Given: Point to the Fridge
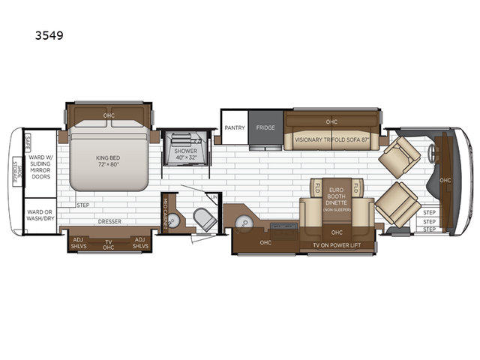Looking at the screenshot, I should (265, 128).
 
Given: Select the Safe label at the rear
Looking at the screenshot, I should (27, 140).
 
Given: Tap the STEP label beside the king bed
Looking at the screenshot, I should (82, 205).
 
